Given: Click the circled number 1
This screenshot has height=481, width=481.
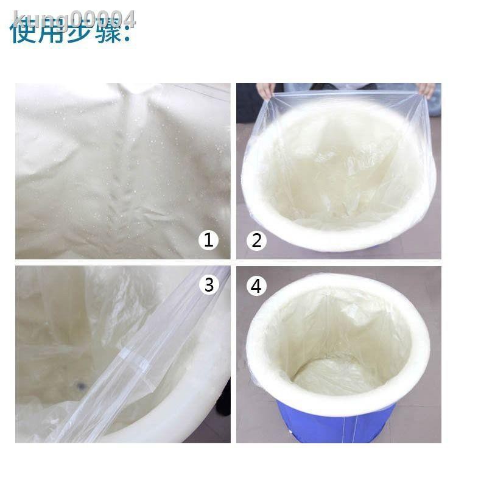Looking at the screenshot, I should coord(209,240).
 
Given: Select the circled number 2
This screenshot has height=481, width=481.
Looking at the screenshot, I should coord(256,240).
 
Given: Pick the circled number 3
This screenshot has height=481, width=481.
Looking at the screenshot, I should coord(209,284).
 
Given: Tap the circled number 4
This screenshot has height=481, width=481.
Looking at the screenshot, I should coord(256,286).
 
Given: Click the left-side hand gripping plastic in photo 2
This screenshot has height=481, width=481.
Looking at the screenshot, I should coord(265,91).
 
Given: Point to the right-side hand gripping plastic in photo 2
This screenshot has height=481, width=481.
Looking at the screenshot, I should coord(426,90).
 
